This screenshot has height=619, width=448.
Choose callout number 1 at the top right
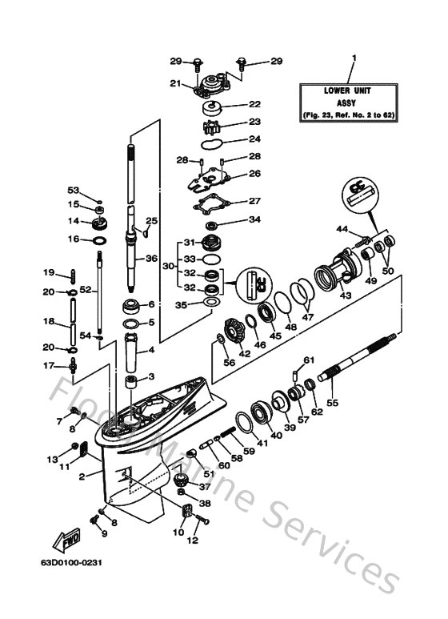[354, 58]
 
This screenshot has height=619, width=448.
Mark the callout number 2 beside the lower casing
[82, 476]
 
